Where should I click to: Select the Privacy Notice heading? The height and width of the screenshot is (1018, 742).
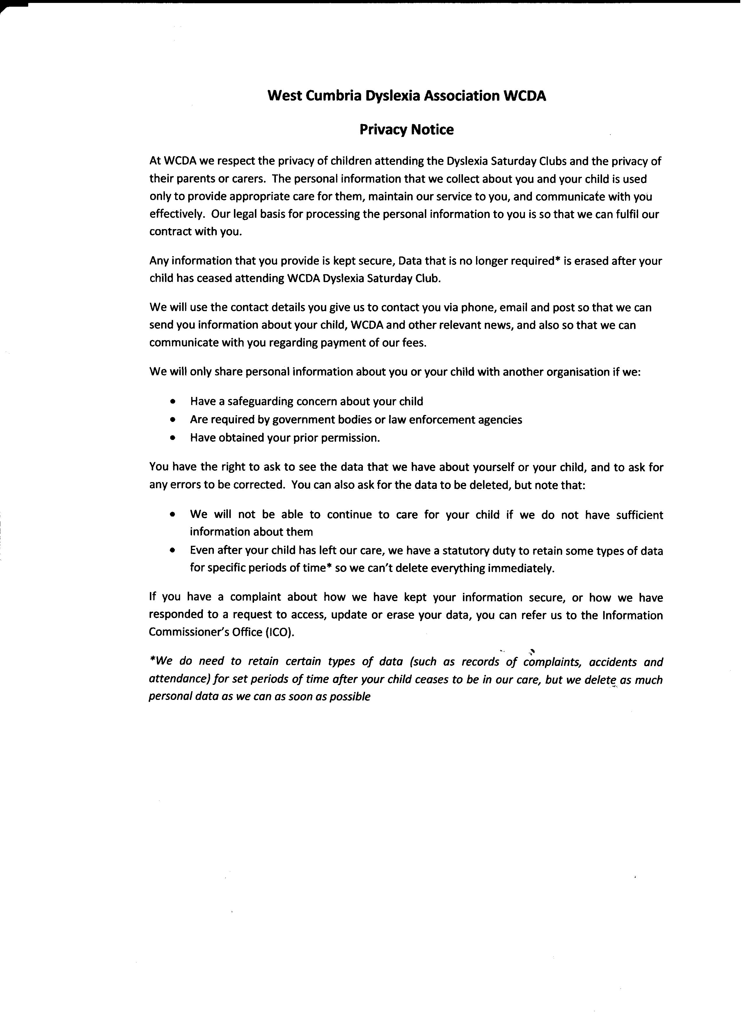point(406,130)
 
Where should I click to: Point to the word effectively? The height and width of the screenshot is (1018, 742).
point(177,215)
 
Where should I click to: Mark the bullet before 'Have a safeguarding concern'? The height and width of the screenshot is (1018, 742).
point(173,402)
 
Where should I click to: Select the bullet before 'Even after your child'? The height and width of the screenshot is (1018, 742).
point(173,551)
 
